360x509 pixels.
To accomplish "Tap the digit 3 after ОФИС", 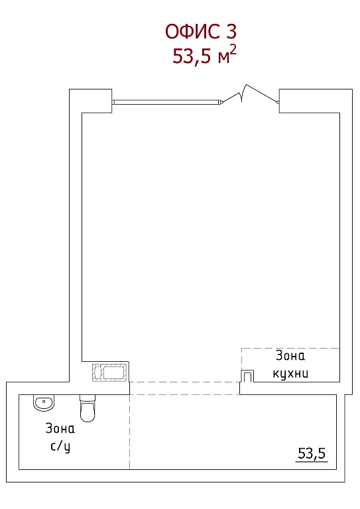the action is point(229,32).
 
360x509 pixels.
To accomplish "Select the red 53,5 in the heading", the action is point(192,56).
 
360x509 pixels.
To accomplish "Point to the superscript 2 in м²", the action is point(233,50).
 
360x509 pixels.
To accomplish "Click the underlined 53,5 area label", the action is point(312,453).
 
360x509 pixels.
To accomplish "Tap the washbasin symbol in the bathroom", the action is point(43,403).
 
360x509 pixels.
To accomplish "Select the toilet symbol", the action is point(88,408).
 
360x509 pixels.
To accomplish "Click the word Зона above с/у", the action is point(60,429).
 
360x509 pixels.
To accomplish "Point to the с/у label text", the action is point(60,446).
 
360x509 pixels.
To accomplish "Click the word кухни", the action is point(290,374).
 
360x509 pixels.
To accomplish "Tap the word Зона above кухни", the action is point(290,356).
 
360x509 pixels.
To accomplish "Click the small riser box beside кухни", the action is point(247,376).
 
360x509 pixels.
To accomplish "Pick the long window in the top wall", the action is point(167,102).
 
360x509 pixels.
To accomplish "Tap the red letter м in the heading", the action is point(223,58).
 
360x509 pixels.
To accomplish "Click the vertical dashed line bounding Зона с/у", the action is point(129,431).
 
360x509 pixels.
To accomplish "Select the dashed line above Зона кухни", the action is point(290,349).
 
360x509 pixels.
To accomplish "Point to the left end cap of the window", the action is point(113,102).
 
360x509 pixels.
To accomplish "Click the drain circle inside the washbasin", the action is point(44,401).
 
